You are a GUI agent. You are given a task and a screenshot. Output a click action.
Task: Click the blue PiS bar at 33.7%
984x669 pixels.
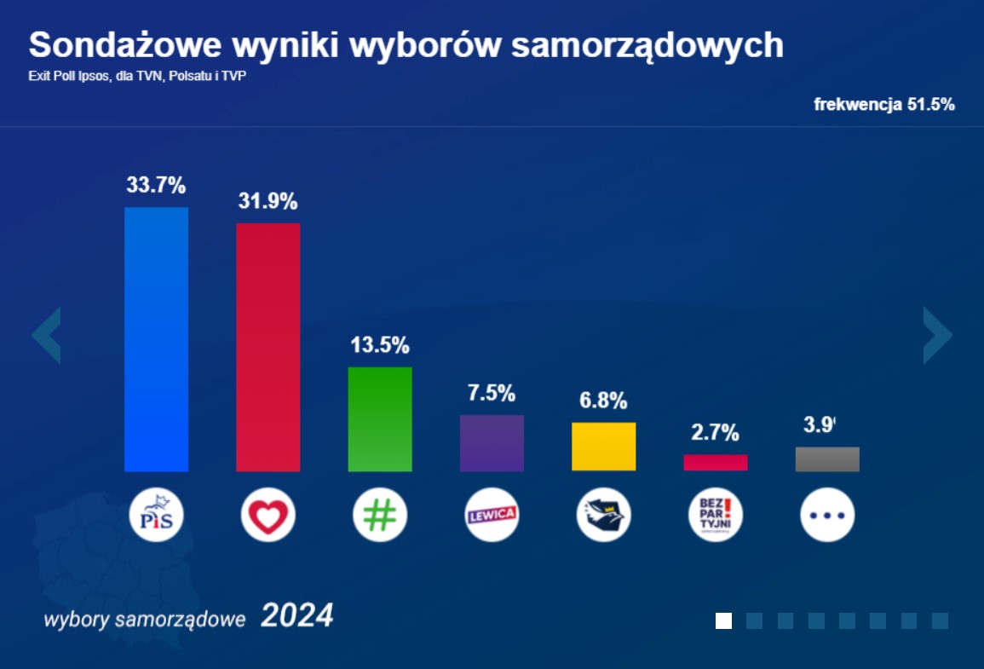(x=156, y=339)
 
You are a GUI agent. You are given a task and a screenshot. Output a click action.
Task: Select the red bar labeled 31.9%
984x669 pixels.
(x=268, y=347)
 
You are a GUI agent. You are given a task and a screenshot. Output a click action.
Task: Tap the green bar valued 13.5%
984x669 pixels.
(x=380, y=419)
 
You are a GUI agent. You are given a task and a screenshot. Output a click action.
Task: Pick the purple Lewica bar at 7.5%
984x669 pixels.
(x=492, y=443)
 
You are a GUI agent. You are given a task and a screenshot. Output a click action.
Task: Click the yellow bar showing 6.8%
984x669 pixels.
(x=603, y=447)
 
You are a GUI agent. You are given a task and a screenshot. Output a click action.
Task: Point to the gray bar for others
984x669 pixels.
(x=827, y=459)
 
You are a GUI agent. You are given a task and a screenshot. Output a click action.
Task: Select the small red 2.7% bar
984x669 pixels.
(x=716, y=462)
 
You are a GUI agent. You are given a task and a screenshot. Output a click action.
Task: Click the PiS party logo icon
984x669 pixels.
(x=156, y=516)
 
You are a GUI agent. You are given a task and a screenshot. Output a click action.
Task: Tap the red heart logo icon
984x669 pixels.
(x=268, y=516)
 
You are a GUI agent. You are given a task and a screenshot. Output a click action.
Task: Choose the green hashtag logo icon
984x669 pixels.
(x=380, y=516)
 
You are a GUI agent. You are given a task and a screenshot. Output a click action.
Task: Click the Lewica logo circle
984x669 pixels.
(x=492, y=516)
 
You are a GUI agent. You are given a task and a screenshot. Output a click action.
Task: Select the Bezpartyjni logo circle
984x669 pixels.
(x=716, y=516)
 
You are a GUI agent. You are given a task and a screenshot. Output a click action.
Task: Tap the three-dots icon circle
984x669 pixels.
(x=827, y=516)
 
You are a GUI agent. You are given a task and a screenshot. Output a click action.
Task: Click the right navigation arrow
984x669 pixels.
(x=937, y=335)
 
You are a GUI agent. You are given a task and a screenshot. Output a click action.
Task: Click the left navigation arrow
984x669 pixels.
(x=47, y=335)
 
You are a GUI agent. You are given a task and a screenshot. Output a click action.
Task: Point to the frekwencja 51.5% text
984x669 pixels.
(x=883, y=105)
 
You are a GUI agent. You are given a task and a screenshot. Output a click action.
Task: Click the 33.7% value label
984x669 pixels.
(x=156, y=185)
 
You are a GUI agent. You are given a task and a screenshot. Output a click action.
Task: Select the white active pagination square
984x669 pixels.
(x=723, y=620)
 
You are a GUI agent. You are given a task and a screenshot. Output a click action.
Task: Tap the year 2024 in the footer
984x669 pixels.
(x=296, y=616)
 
